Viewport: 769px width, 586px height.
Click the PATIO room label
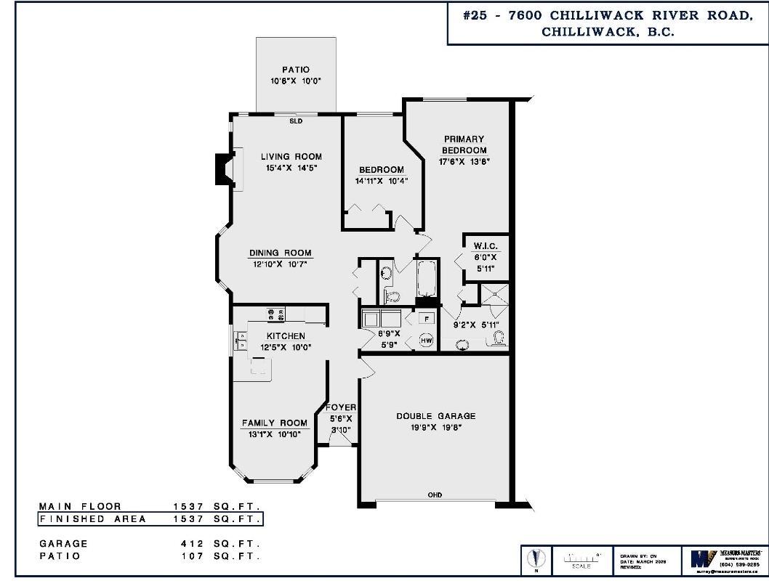click(x=296, y=70)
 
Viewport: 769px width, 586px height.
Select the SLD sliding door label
click(x=296, y=121)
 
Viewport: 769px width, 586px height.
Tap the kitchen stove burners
click(x=276, y=314)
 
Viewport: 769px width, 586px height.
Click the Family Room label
click(x=275, y=423)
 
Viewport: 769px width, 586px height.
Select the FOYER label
click(x=340, y=407)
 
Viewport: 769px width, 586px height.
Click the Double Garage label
click(x=435, y=416)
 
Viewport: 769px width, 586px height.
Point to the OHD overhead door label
click(x=435, y=495)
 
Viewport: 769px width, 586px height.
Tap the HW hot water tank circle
click(x=427, y=340)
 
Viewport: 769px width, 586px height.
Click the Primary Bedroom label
click(x=463, y=144)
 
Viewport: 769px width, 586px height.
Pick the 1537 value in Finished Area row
click(x=188, y=519)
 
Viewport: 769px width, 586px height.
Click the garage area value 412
click(x=192, y=543)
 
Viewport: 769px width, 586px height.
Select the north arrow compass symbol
click(x=536, y=558)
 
